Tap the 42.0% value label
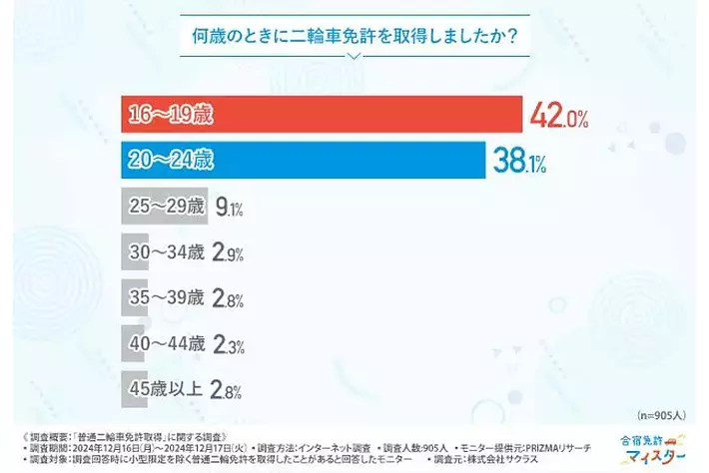[x=558, y=115]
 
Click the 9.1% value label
[x=230, y=208]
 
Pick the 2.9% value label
[x=230, y=252]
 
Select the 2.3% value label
[x=230, y=344]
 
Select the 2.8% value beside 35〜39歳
[x=230, y=298]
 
